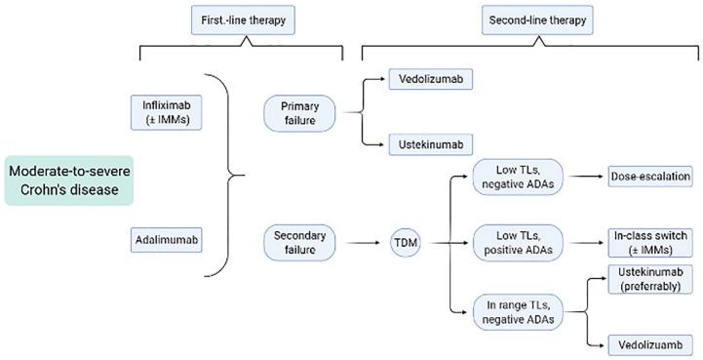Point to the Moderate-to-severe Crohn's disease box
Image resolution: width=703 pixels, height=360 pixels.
pos(70,179)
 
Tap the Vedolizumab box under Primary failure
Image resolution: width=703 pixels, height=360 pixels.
pos(430,80)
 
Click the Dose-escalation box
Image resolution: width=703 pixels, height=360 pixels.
pos(650,177)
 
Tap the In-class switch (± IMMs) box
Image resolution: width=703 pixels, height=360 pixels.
pos(650,241)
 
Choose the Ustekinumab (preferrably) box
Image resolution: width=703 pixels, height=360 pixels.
pos(650,281)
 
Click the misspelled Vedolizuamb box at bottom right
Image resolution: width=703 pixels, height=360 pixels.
pos(650,343)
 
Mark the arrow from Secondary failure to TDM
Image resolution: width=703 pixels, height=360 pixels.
pos(360,241)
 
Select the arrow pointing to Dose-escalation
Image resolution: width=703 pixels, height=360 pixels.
pos(580,177)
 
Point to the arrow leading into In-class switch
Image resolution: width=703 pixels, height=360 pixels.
pos(580,241)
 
